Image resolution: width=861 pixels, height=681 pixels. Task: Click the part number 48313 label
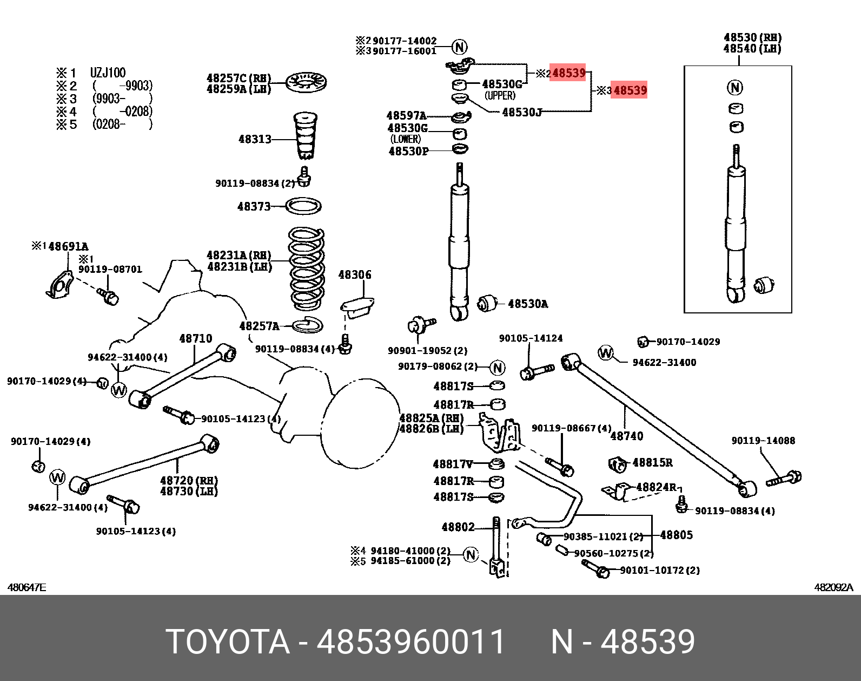[255, 139]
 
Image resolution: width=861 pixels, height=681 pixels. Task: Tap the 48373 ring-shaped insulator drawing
[303, 206]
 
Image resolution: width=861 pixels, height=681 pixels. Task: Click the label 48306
[355, 275]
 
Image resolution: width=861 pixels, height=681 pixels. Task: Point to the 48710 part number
[196, 339]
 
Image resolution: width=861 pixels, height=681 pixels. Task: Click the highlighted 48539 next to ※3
[630, 90]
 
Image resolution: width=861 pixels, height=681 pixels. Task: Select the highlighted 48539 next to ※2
[568, 73]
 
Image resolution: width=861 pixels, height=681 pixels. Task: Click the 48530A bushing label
[527, 304]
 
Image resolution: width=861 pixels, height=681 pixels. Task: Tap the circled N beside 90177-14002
[460, 47]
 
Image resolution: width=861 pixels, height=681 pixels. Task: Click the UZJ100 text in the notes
[108, 73]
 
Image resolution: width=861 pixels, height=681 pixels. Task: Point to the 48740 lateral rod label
[627, 436]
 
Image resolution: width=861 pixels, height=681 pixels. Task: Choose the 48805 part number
[676, 535]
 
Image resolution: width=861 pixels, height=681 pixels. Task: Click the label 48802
[458, 527]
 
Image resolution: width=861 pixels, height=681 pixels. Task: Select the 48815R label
[652, 462]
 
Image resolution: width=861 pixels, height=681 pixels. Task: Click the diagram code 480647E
[27, 587]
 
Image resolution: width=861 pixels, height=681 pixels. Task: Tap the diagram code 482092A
[833, 587]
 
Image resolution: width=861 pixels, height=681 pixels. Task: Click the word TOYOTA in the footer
[228, 642]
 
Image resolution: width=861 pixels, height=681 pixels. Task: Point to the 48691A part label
[68, 247]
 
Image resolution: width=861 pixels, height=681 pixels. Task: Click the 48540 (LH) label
[752, 49]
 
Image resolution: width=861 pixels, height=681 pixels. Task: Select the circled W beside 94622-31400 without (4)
[606, 353]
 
